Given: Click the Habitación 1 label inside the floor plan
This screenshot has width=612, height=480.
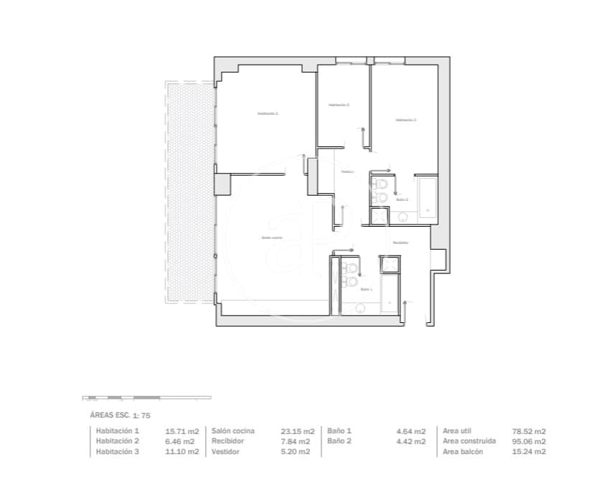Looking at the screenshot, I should click(268, 114).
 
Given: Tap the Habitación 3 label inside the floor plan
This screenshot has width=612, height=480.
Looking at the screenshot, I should click(405, 121).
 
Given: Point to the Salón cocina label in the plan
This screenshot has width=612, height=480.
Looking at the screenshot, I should click(271, 237).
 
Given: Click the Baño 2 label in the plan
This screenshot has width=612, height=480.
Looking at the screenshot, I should click(402, 199).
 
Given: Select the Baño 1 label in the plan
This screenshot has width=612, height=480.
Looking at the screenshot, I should click(366, 288).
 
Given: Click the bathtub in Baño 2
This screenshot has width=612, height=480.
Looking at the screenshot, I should click(427, 197).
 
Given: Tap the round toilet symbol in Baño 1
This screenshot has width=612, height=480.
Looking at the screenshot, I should click(361, 308).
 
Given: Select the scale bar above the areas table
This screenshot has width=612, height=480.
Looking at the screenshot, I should click(146, 397).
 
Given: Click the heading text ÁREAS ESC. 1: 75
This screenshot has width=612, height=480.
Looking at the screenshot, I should click(119, 415).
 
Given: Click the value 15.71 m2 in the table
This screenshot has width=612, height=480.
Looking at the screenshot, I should click(182, 431).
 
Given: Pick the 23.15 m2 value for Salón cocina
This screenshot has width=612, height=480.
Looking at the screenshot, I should click(298, 431).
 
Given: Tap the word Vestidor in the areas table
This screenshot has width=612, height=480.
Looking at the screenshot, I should click(227, 452).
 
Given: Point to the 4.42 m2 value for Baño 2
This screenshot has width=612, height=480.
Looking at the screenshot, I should click(411, 441).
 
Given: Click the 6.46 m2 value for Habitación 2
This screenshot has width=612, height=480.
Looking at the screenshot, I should click(182, 441).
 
